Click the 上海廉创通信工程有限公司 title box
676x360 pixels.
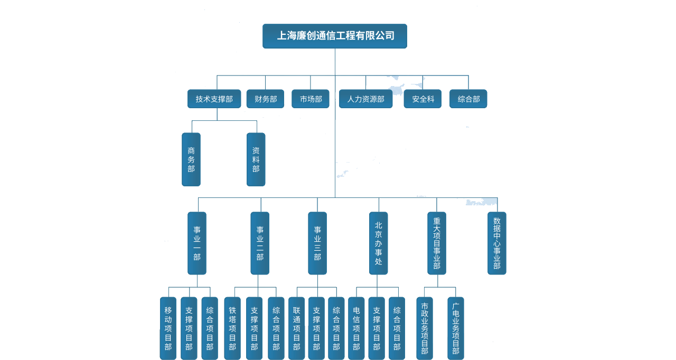point(335,36)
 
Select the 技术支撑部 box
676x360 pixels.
point(214,99)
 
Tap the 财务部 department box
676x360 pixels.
point(265,99)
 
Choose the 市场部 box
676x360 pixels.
point(311,99)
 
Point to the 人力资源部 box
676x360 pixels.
point(365,99)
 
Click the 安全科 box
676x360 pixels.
point(422,99)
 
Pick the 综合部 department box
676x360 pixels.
point(468,99)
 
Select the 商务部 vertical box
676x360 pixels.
point(191,159)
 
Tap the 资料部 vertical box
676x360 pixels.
point(256,159)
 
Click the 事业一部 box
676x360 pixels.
point(197,243)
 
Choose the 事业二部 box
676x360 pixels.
point(260,243)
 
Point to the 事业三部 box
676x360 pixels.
point(317,243)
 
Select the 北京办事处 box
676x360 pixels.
point(378,243)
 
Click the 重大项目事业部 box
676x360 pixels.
point(437,243)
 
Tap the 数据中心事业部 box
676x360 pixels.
point(496,243)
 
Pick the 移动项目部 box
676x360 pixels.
point(168,328)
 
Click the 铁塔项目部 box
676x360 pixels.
point(232,328)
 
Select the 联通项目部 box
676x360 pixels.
point(296,328)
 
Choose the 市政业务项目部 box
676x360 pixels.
point(424,328)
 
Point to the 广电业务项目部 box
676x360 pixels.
point(456,328)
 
